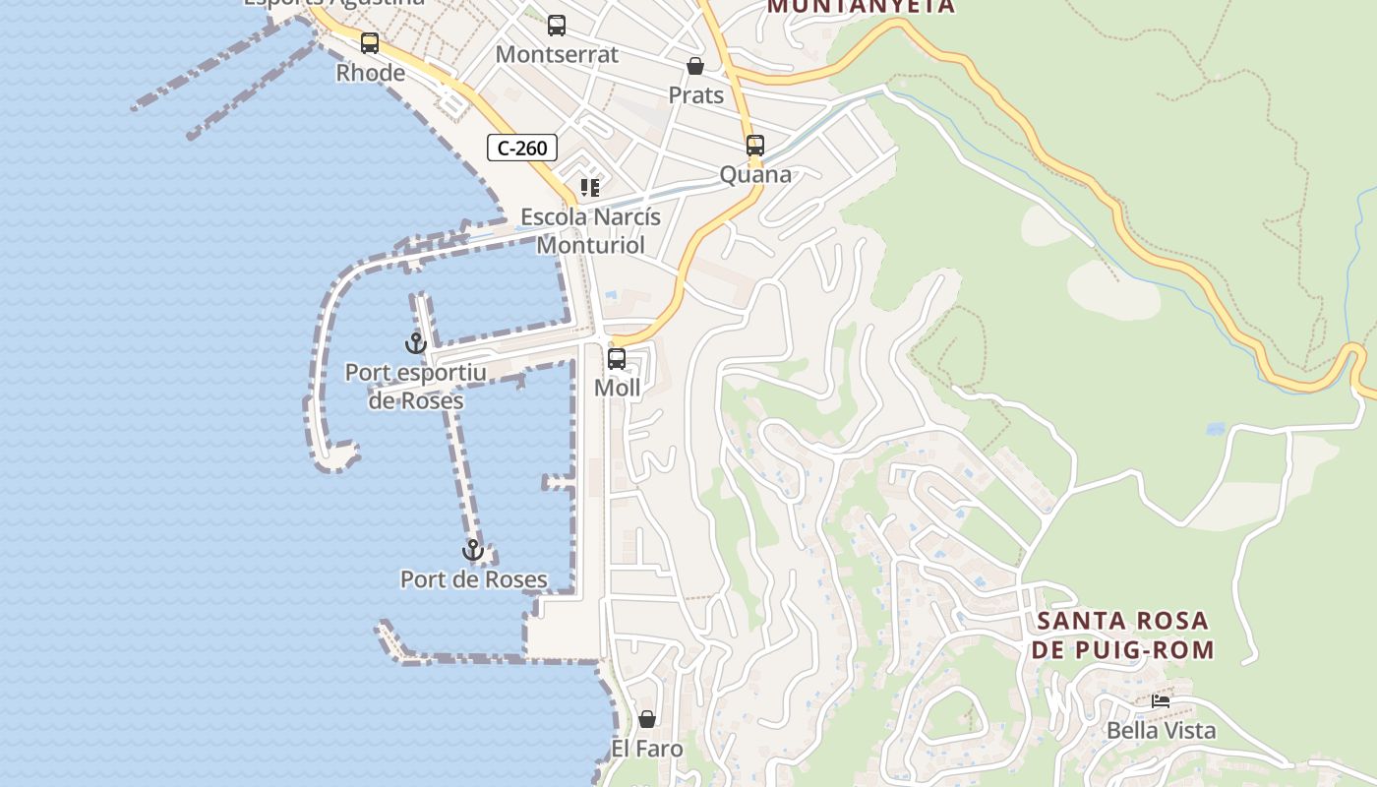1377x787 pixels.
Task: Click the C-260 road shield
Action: pos(522,149)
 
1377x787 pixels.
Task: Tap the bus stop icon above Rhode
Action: pos(370,43)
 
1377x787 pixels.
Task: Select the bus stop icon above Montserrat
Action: pos(557,26)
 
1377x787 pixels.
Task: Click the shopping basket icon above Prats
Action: pos(695,66)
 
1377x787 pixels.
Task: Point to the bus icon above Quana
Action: pos(754,146)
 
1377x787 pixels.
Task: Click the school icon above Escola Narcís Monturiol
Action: pos(590,187)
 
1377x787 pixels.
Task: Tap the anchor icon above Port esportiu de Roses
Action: pos(415,343)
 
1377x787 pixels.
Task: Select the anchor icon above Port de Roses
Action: pos(473,550)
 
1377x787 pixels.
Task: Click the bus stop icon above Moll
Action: pos(617,359)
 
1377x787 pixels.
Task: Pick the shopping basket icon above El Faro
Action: pos(647,719)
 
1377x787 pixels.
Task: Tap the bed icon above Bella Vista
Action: pos(1161,701)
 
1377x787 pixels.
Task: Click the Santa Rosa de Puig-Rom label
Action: pos(1122,636)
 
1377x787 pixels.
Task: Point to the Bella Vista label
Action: pos(1161,731)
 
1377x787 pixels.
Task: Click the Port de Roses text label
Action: pos(473,579)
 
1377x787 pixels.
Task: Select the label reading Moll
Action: pos(618,389)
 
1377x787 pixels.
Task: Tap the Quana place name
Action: pos(755,175)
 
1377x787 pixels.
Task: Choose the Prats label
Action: pos(695,95)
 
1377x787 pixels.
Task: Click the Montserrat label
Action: pos(557,55)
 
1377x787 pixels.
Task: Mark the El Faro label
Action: pos(647,749)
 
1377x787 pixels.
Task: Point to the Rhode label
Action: pos(370,73)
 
